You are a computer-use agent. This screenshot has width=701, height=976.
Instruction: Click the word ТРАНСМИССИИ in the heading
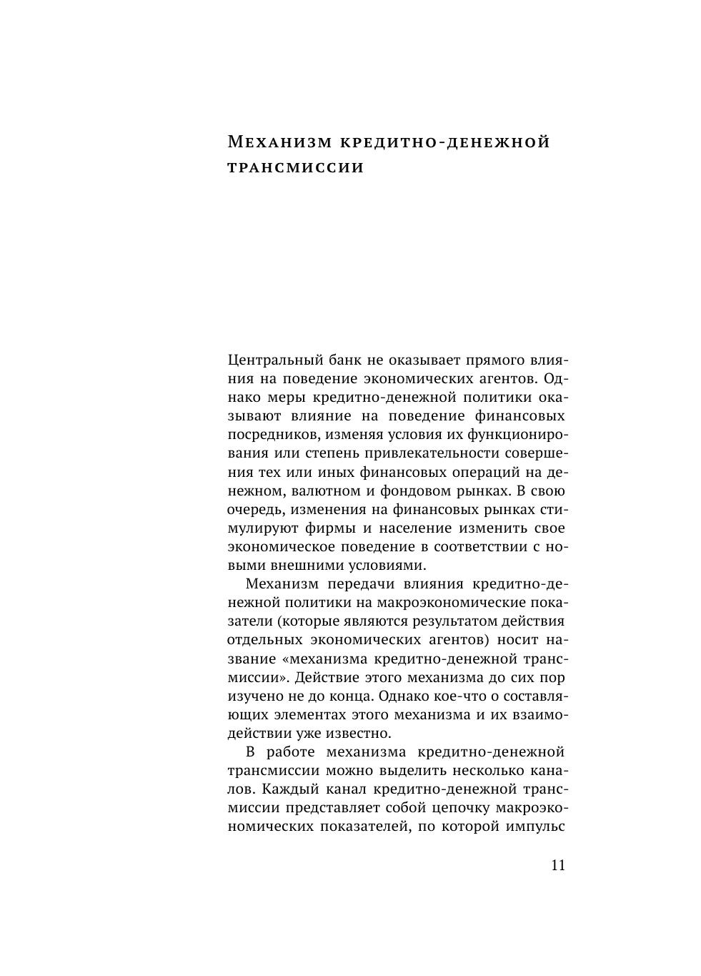[x=296, y=168]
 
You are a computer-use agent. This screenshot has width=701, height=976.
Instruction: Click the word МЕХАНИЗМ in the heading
[x=279, y=142]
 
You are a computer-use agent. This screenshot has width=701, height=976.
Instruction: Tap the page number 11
[x=558, y=865]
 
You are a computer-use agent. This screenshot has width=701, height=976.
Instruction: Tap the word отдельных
[x=263, y=640]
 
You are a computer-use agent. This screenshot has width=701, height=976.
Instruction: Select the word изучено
[x=252, y=696]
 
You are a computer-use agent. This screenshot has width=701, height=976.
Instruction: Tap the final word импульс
[x=536, y=827]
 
